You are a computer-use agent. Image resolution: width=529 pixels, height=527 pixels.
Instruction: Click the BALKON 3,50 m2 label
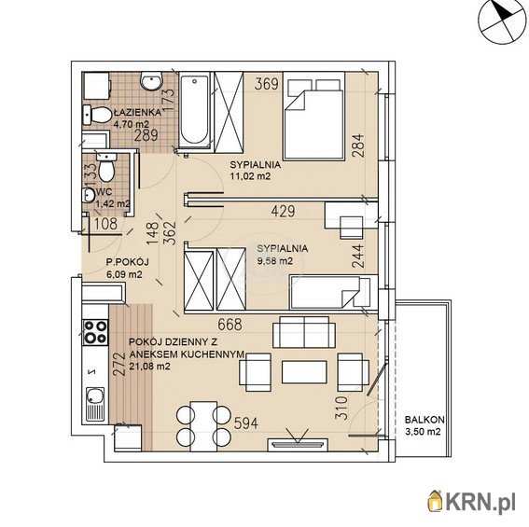[x=424, y=425]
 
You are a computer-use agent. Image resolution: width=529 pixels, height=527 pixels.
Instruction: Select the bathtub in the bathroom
[x=194, y=110]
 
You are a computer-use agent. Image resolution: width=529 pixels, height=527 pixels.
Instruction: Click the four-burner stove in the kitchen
[x=95, y=332]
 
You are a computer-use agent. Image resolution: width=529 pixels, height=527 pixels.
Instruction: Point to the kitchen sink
[x=95, y=405]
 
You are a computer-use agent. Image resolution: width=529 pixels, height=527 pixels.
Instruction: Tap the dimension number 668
[x=230, y=325]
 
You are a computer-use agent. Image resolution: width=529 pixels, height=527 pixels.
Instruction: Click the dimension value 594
[x=245, y=423]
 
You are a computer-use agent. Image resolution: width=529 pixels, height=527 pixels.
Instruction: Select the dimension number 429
[x=283, y=211]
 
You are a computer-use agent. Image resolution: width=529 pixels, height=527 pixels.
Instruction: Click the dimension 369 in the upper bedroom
[x=267, y=84]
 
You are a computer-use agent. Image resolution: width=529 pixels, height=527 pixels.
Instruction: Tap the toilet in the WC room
[x=105, y=170]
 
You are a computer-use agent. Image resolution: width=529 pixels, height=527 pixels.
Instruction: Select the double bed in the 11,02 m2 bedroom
[x=313, y=116]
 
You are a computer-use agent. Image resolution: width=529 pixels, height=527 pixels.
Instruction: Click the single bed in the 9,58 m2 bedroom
[x=333, y=292]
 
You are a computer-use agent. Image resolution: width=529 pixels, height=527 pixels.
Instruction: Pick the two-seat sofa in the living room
[x=304, y=332]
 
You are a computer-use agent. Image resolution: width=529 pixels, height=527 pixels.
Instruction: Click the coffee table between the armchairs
[x=304, y=372]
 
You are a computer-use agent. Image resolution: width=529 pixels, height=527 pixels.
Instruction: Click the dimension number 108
[x=105, y=224]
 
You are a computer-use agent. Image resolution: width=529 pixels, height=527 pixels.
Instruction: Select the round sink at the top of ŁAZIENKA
[x=151, y=81]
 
